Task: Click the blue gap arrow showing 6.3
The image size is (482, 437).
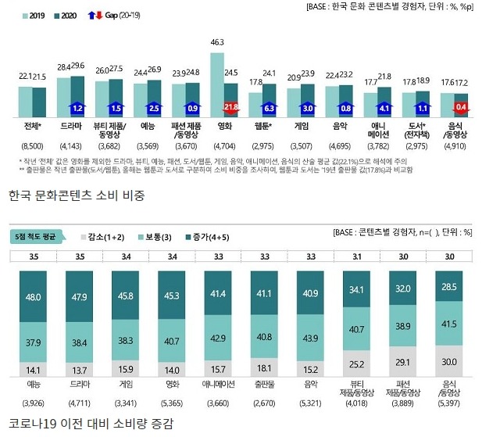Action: click(x=270, y=107)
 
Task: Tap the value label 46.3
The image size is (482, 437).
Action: click(x=217, y=42)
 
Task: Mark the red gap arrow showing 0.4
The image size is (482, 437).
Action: click(x=461, y=107)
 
